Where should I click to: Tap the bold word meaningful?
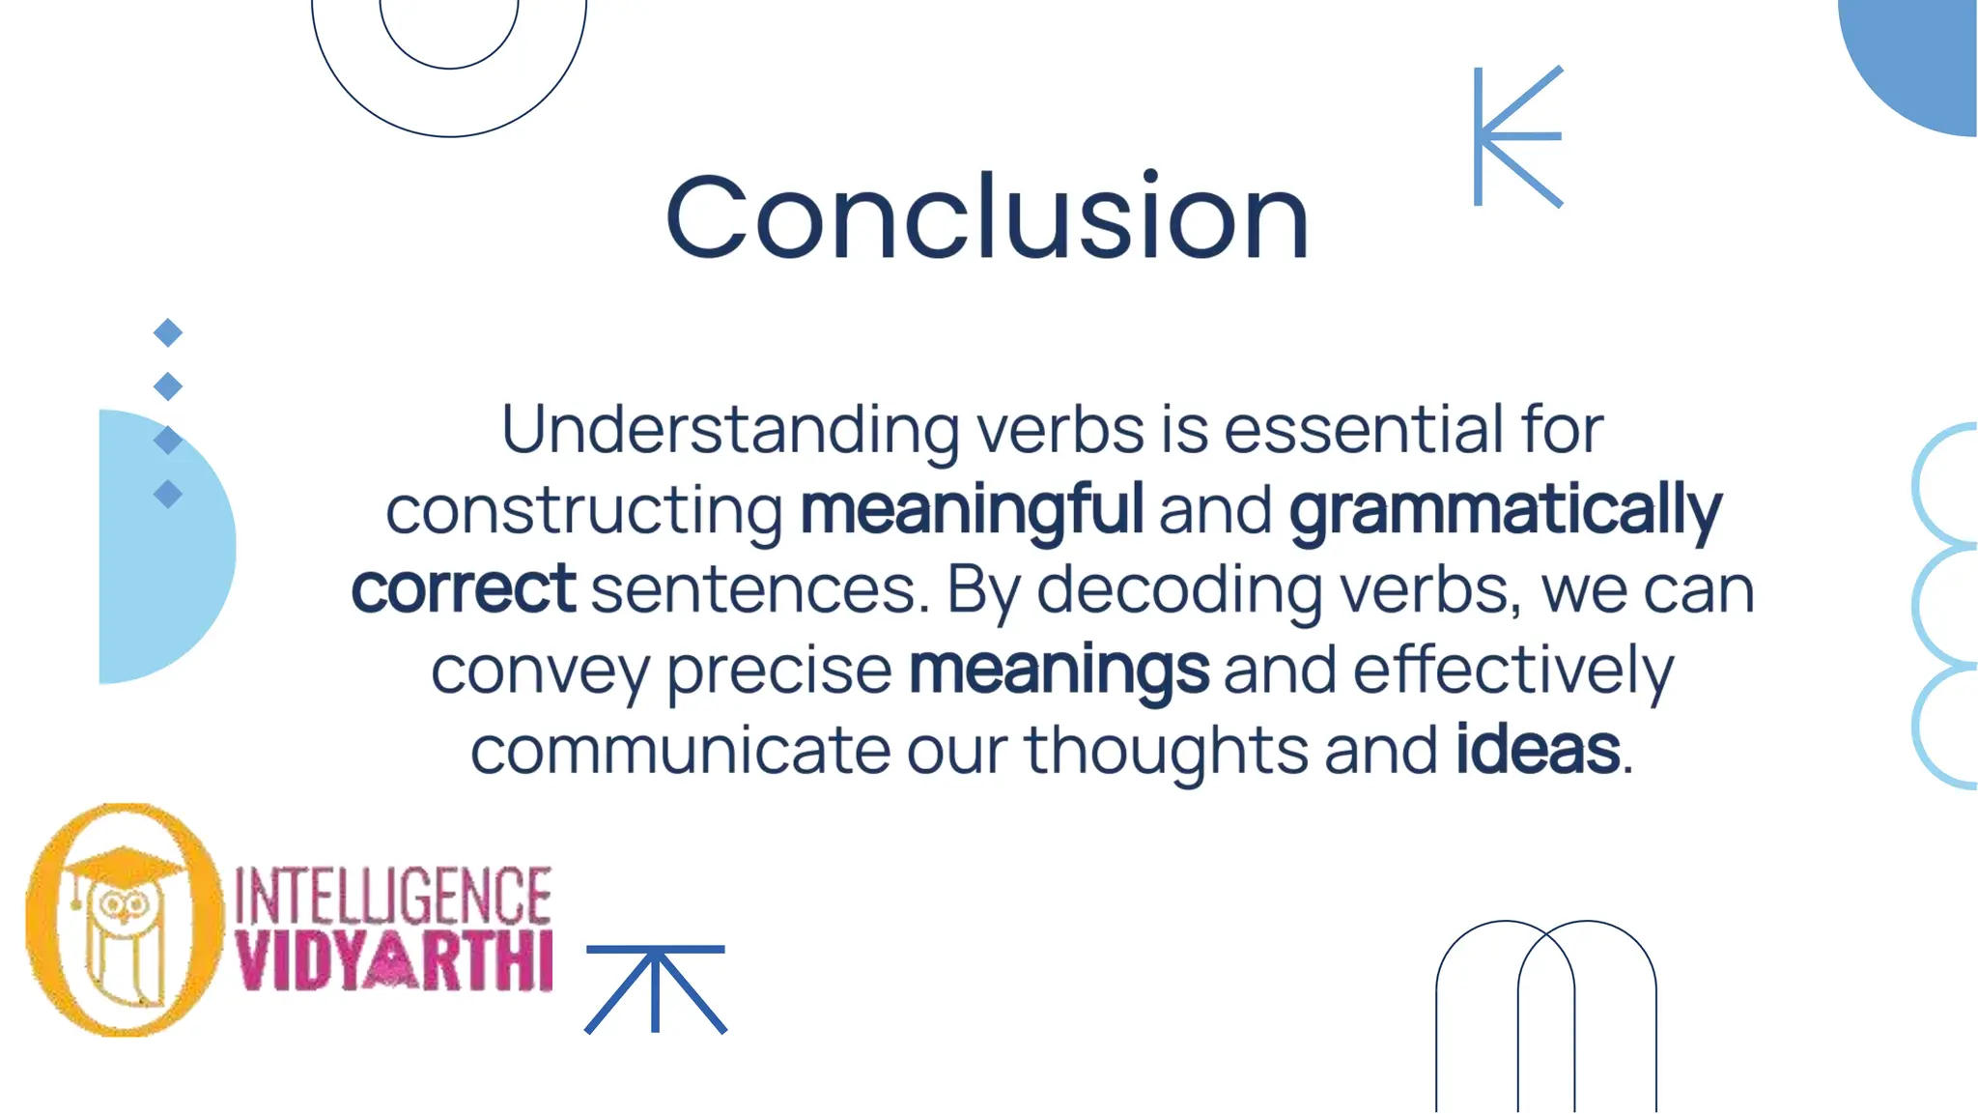click(972, 510)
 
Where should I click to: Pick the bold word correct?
click(464, 589)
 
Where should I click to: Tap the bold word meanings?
click(1060, 671)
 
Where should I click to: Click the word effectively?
click(1513, 671)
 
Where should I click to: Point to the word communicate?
click(680, 751)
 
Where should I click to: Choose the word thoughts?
click(1166, 751)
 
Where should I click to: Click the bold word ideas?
click(1538, 750)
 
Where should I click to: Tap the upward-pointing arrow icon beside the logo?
click(656, 987)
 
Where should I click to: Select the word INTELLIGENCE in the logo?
click(393, 896)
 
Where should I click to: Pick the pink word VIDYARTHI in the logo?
click(394, 961)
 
